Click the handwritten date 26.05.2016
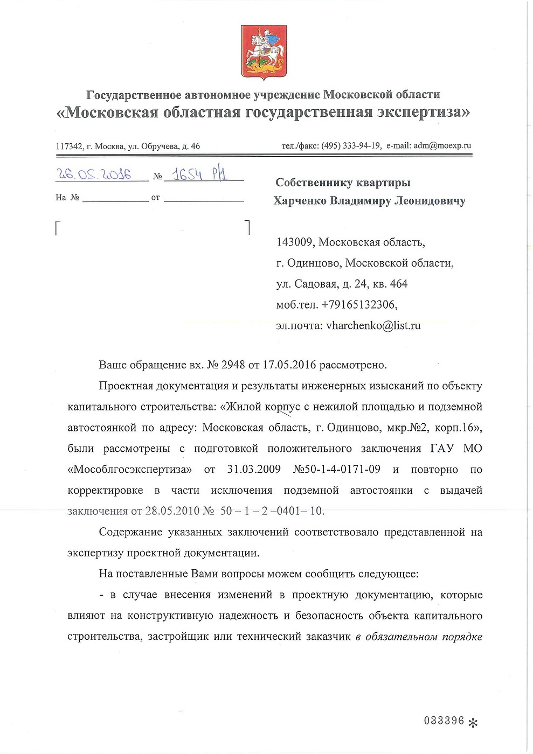95,174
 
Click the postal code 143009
295,242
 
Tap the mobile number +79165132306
359,305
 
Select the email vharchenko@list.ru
373,325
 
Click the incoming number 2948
232,365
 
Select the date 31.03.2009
254,469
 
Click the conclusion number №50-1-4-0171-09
336,469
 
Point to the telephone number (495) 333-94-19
351,145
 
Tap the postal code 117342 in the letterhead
66,146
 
